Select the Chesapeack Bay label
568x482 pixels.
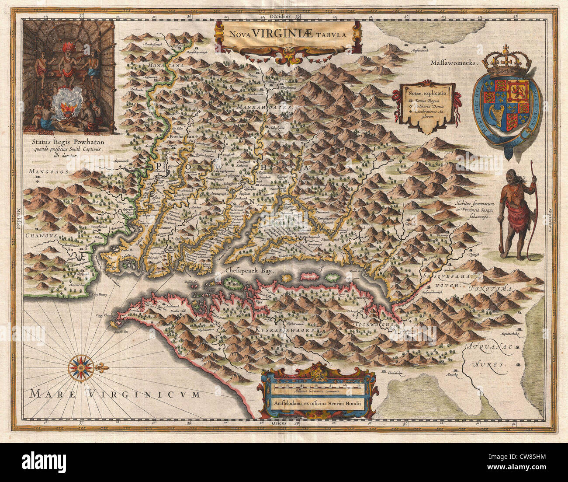click(x=249, y=271)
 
